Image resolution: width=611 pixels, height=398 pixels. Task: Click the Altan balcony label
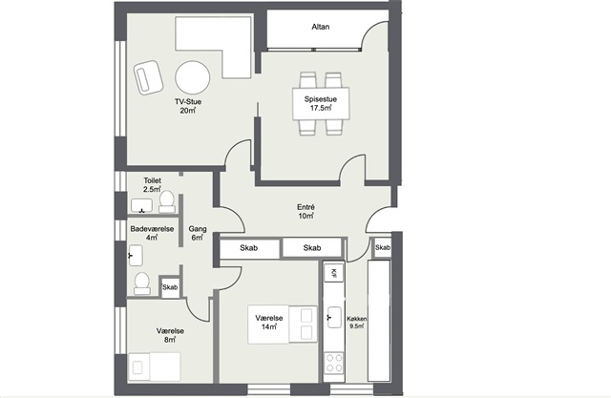click(321, 27)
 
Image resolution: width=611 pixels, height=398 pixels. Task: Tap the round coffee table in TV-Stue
click(193, 77)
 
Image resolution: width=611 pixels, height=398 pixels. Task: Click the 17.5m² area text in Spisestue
click(321, 108)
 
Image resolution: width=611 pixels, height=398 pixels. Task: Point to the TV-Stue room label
click(188, 102)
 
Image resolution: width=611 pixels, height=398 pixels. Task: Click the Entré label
click(305, 207)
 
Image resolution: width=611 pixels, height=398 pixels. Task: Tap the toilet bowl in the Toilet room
click(167, 201)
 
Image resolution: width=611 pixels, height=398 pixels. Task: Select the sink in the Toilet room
click(141, 205)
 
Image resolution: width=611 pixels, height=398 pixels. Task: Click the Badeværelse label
click(152, 229)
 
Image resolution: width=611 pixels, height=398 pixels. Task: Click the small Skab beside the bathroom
click(170, 287)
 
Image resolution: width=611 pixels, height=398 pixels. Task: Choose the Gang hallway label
click(198, 229)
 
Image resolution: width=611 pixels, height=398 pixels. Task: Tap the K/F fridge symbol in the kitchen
click(334, 273)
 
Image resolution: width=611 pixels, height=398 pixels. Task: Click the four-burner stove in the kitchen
click(334, 363)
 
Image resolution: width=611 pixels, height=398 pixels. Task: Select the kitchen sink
click(333, 317)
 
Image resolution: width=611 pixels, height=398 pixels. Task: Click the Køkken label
click(356, 319)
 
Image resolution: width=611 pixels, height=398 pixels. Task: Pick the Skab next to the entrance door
click(383, 248)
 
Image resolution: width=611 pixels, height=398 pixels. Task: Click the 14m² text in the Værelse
click(269, 326)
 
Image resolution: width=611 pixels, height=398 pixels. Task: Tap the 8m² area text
click(170, 340)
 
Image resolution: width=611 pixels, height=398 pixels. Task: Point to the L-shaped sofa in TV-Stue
click(213, 47)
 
